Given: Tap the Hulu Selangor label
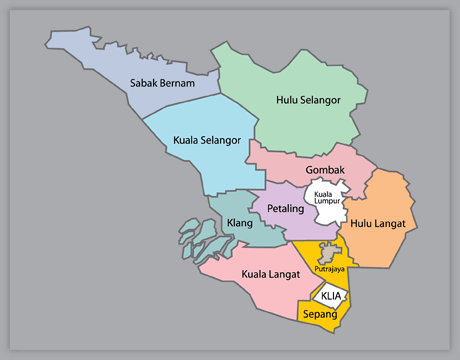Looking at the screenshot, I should click(308, 100).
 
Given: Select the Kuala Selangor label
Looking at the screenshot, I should click(207, 140).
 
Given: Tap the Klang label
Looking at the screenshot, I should click(239, 223).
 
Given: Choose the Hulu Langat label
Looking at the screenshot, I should click(377, 224).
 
